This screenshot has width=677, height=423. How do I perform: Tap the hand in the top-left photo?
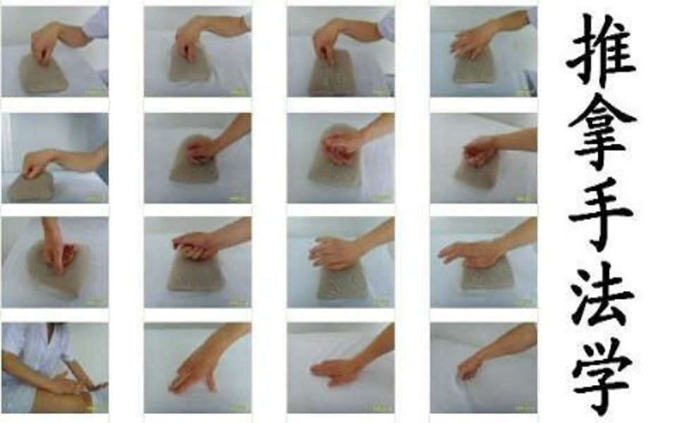coord(44,42)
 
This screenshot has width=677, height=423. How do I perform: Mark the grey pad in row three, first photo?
coord(59,268)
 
